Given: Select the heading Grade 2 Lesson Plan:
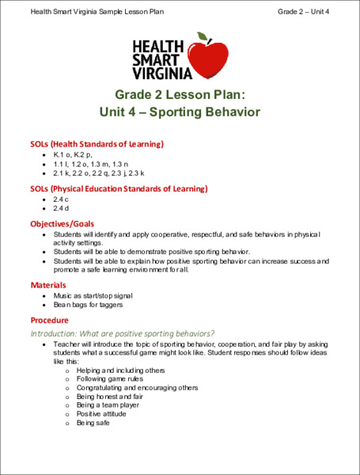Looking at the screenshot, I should point(180,94).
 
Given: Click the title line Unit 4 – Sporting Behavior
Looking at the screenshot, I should point(180,112).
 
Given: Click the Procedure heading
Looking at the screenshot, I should point(51,320).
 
